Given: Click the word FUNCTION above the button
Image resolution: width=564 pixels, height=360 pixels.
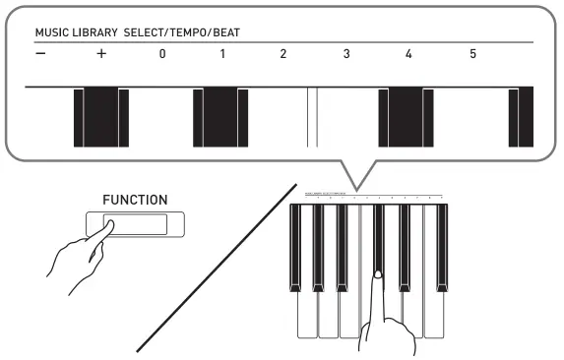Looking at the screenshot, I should [135, 200].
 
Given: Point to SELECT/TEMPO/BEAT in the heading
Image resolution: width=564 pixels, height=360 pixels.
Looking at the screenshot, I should [187, 32].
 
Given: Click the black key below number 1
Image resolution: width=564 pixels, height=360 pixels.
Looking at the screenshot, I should [220, 116].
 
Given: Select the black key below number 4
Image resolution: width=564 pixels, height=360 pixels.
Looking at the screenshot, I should [406, 116].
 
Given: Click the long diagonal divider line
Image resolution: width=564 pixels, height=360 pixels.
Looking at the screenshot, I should [217, 266].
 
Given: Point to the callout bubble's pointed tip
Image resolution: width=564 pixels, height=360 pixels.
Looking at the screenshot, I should [357, 187].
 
